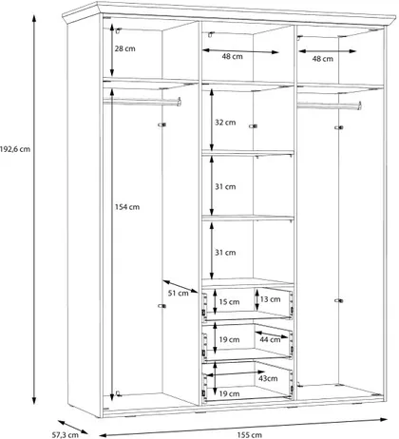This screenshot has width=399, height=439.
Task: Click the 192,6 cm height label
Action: pos(15,149)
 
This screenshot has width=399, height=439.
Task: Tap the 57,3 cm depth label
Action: pos(65,435)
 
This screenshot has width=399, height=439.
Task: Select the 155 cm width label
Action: pos(249,435)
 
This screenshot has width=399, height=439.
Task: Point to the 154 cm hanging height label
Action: pos(127,207)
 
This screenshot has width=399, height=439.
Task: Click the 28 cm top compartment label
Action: pos(124,48)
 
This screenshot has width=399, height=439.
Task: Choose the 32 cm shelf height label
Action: pos(225,123)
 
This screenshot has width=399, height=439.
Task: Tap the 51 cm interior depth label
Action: pos(178,294)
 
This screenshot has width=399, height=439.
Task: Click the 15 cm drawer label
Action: pos(229,302)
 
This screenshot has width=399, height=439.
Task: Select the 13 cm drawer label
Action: pos(270,299)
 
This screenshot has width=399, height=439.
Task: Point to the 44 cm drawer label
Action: pos(270,340)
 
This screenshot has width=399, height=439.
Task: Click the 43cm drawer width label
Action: pos(268,378)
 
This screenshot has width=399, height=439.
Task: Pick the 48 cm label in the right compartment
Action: pos(323,59)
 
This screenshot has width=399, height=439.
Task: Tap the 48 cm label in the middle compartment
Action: pos(232,56)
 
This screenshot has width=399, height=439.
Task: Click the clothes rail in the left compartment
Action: pos(142,102)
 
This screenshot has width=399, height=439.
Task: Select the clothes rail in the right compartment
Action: pos(330,105)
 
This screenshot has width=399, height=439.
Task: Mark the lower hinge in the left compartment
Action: pos(161,306)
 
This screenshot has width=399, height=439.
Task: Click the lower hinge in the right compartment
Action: pos(339,300)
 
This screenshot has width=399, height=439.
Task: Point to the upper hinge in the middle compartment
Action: pos(253,126)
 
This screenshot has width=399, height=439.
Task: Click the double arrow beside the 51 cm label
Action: pos(180,286)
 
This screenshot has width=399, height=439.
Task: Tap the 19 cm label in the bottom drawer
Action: pos(229,393)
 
